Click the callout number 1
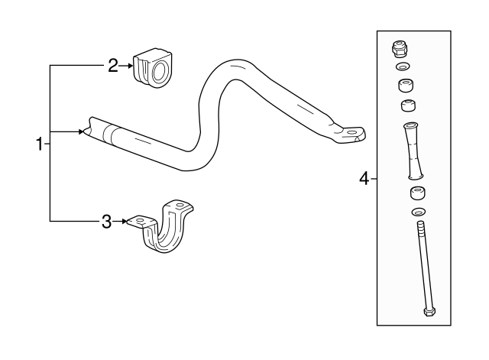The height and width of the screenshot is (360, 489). tap(38, 143)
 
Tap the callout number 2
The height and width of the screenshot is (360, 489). tap(112, 66)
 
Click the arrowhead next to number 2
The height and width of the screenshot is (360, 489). tap(129, 66)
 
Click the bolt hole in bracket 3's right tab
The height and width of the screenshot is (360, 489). tap(180, 206)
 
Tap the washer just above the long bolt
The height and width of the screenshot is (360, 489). tap(419, 211)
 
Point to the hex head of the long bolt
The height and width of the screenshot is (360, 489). tap(428, 311)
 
